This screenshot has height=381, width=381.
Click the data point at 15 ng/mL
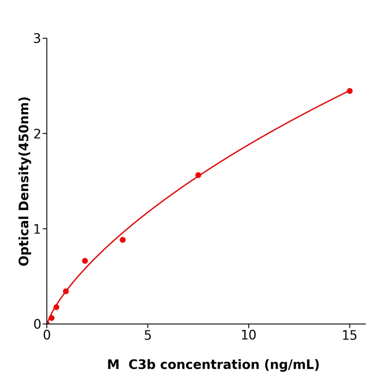(349, 91)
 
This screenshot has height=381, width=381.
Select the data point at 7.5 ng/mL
(198, 175)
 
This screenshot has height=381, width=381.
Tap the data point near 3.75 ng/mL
(122, 240)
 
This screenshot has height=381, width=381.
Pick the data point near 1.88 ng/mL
(85, 261)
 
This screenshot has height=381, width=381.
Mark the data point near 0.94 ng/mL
(66, 291)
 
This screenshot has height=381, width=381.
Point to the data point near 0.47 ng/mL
(56, 307)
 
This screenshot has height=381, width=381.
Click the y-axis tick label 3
(37, 39)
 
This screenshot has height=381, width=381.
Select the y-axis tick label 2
(37, 134)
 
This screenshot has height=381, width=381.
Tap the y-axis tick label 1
(37, 229)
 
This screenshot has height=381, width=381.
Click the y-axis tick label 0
(37, 324)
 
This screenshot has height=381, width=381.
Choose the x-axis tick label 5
(148, 336)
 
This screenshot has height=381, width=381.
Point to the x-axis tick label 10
(248, 336)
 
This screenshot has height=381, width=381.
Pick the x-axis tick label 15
(349, 336)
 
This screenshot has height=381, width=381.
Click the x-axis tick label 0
(47, 336)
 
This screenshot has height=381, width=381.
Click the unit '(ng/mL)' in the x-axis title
(292, 365)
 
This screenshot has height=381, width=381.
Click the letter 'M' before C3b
(113, 365)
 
